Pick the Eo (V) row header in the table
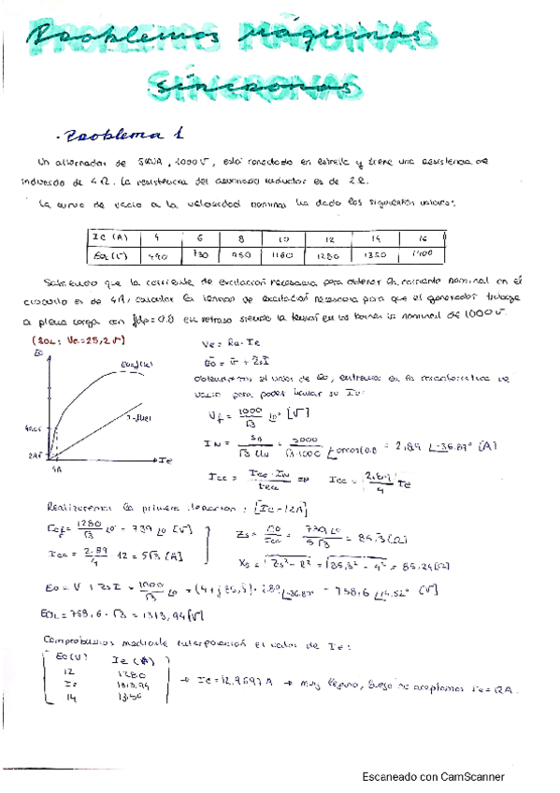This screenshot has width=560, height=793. click(111, 254)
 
